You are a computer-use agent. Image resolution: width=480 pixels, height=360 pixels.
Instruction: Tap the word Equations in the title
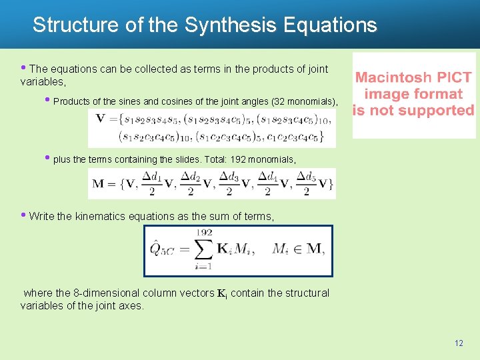(330, 25)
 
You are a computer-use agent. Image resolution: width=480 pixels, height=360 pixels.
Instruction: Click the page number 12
(458, 343)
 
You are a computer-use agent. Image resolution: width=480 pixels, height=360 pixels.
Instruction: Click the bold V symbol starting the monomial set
(101, 119)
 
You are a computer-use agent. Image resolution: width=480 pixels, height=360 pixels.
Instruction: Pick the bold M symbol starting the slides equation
(99, 184)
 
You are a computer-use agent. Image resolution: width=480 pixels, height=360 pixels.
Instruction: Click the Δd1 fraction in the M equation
(153, 184)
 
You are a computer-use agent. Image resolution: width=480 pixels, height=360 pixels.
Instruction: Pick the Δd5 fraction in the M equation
(306, 184)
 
